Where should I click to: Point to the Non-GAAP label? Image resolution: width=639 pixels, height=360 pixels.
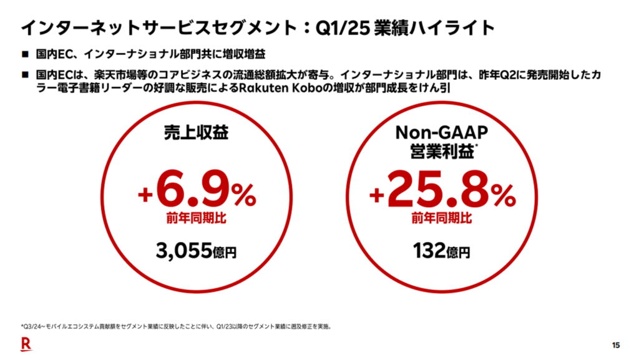[441, 132]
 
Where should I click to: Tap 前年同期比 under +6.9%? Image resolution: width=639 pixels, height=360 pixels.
[197, 218]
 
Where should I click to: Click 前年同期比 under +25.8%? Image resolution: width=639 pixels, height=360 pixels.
[441, 218]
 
